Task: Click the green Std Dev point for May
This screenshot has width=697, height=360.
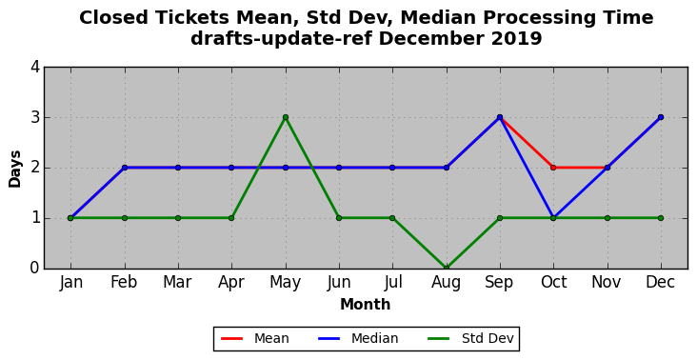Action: pos(286,117)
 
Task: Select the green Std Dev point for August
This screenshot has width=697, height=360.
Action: pos(447,268)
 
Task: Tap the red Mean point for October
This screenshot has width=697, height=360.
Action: pos(553,168)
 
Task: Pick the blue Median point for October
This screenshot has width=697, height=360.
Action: pos(553,218)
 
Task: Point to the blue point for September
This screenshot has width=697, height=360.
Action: pos(500,117)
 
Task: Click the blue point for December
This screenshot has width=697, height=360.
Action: pos(661,117)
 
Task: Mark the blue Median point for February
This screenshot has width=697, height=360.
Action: pos(125,168)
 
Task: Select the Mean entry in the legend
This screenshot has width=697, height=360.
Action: pos(254,339)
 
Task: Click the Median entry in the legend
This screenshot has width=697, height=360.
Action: pos(358,339)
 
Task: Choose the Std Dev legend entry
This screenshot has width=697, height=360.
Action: pos(470,339)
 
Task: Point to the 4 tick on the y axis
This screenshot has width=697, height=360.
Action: pos(35,67)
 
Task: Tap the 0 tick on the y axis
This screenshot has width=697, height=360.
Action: pos(35,268)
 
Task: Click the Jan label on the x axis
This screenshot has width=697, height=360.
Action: pos(71,282)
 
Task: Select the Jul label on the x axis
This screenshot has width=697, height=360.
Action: pos(392,282)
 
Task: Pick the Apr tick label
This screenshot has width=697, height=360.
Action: pos(231,283)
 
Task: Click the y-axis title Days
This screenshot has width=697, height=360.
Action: pos(14,169)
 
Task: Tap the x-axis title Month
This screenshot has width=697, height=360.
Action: pos(366,305)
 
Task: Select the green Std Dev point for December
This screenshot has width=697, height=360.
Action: pos(661,218)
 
